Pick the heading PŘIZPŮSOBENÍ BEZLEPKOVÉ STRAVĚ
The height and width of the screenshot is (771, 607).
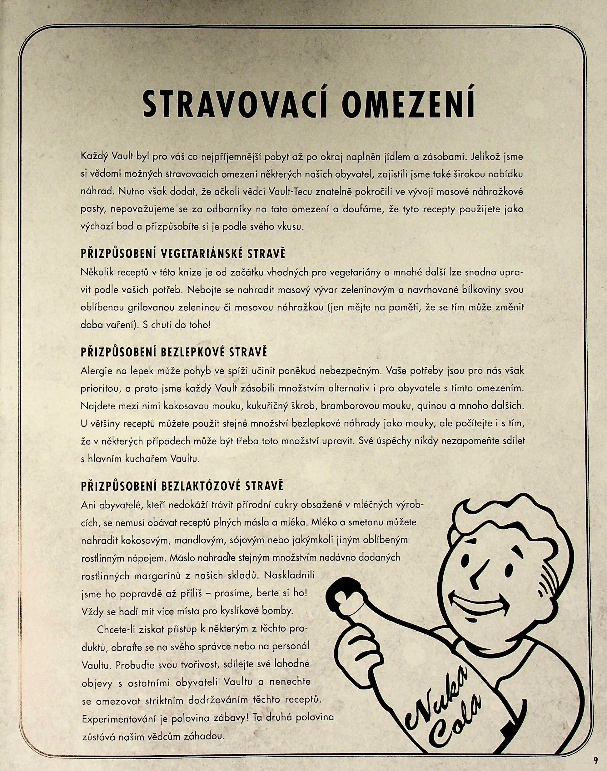tap(174, 352)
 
